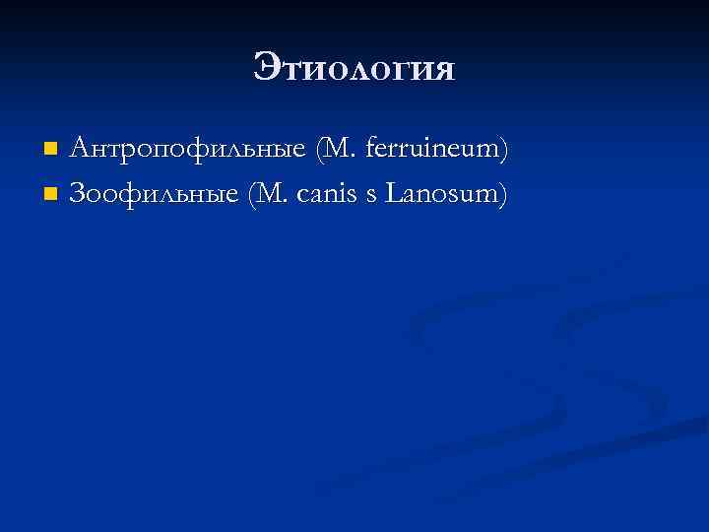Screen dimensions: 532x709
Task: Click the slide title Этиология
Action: (354, 68)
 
